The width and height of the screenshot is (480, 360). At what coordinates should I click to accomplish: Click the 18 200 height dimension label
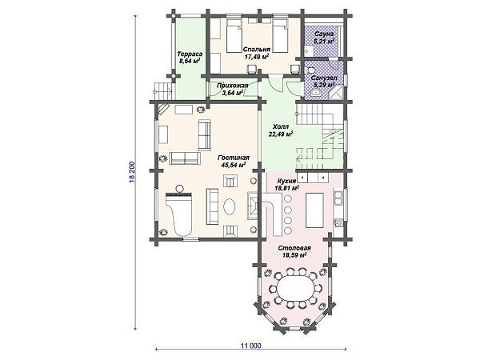[132, 172]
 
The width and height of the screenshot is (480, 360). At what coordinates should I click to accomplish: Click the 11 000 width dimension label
[251, 346]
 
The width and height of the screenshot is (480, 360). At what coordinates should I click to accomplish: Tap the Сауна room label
[324, 34]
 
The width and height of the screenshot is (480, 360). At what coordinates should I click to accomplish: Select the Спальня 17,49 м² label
[257, 53]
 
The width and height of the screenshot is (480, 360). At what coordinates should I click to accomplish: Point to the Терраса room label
[190, 54]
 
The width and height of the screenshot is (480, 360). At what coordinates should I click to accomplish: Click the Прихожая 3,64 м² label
[232, 89]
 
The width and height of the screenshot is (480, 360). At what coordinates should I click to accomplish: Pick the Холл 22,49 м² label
[281, 130]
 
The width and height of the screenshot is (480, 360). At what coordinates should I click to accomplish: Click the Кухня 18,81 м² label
[286, 184]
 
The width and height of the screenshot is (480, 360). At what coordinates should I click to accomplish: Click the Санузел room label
[324, 78]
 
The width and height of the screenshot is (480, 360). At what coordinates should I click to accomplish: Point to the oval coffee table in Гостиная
[230, 207]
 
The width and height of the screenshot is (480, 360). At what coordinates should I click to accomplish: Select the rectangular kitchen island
[314, 210]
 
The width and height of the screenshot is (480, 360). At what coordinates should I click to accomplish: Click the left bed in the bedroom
[234, 37]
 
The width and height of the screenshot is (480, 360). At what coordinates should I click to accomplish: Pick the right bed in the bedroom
[281, 37]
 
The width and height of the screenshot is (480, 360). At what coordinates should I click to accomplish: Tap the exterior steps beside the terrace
[162, 91]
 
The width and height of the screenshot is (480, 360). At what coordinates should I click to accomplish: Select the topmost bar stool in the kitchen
[288, 198]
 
